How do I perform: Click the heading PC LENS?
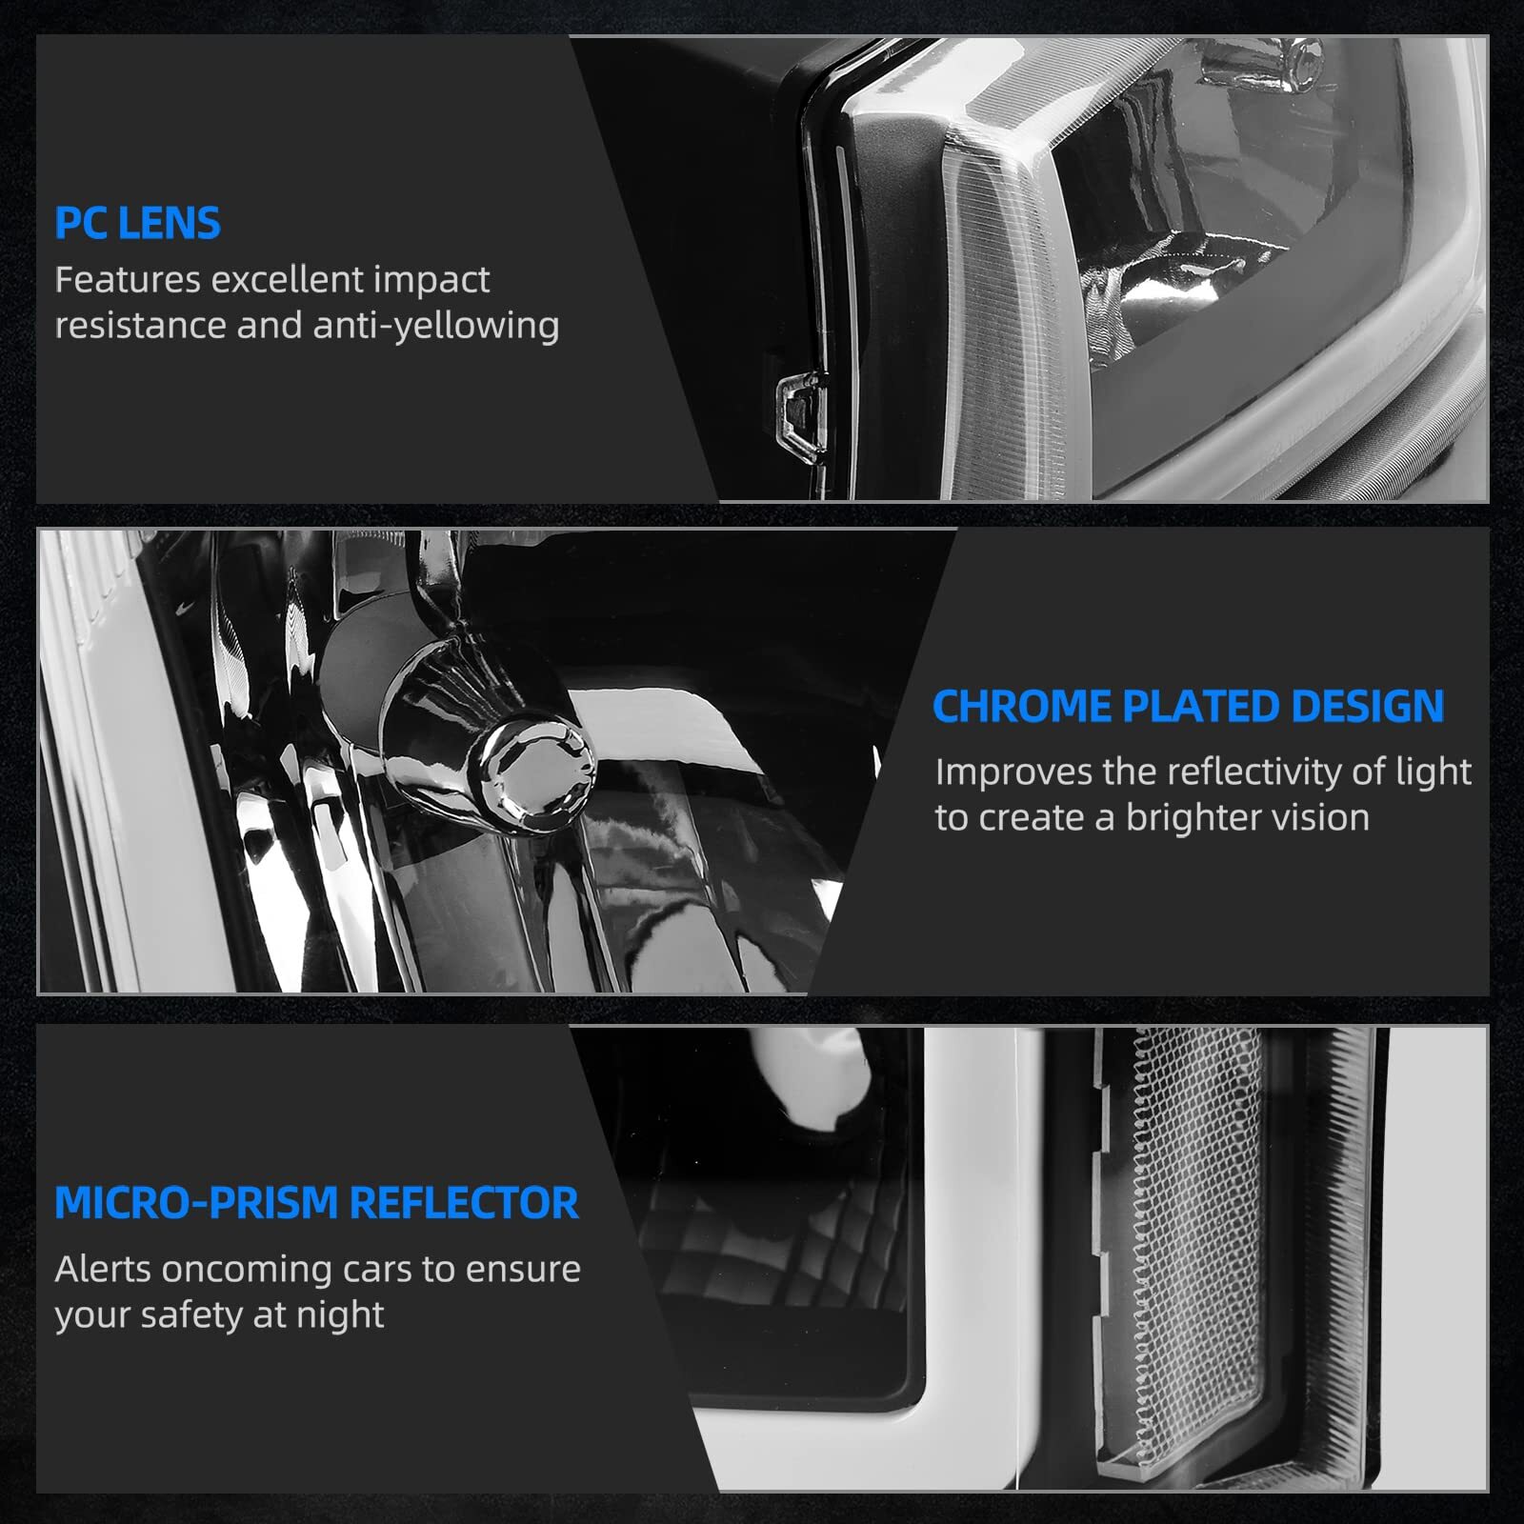(137, 223)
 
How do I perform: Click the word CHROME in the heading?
(1022, 707)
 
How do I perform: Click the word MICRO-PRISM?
(196, 1203)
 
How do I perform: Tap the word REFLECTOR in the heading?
(464, 1203)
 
